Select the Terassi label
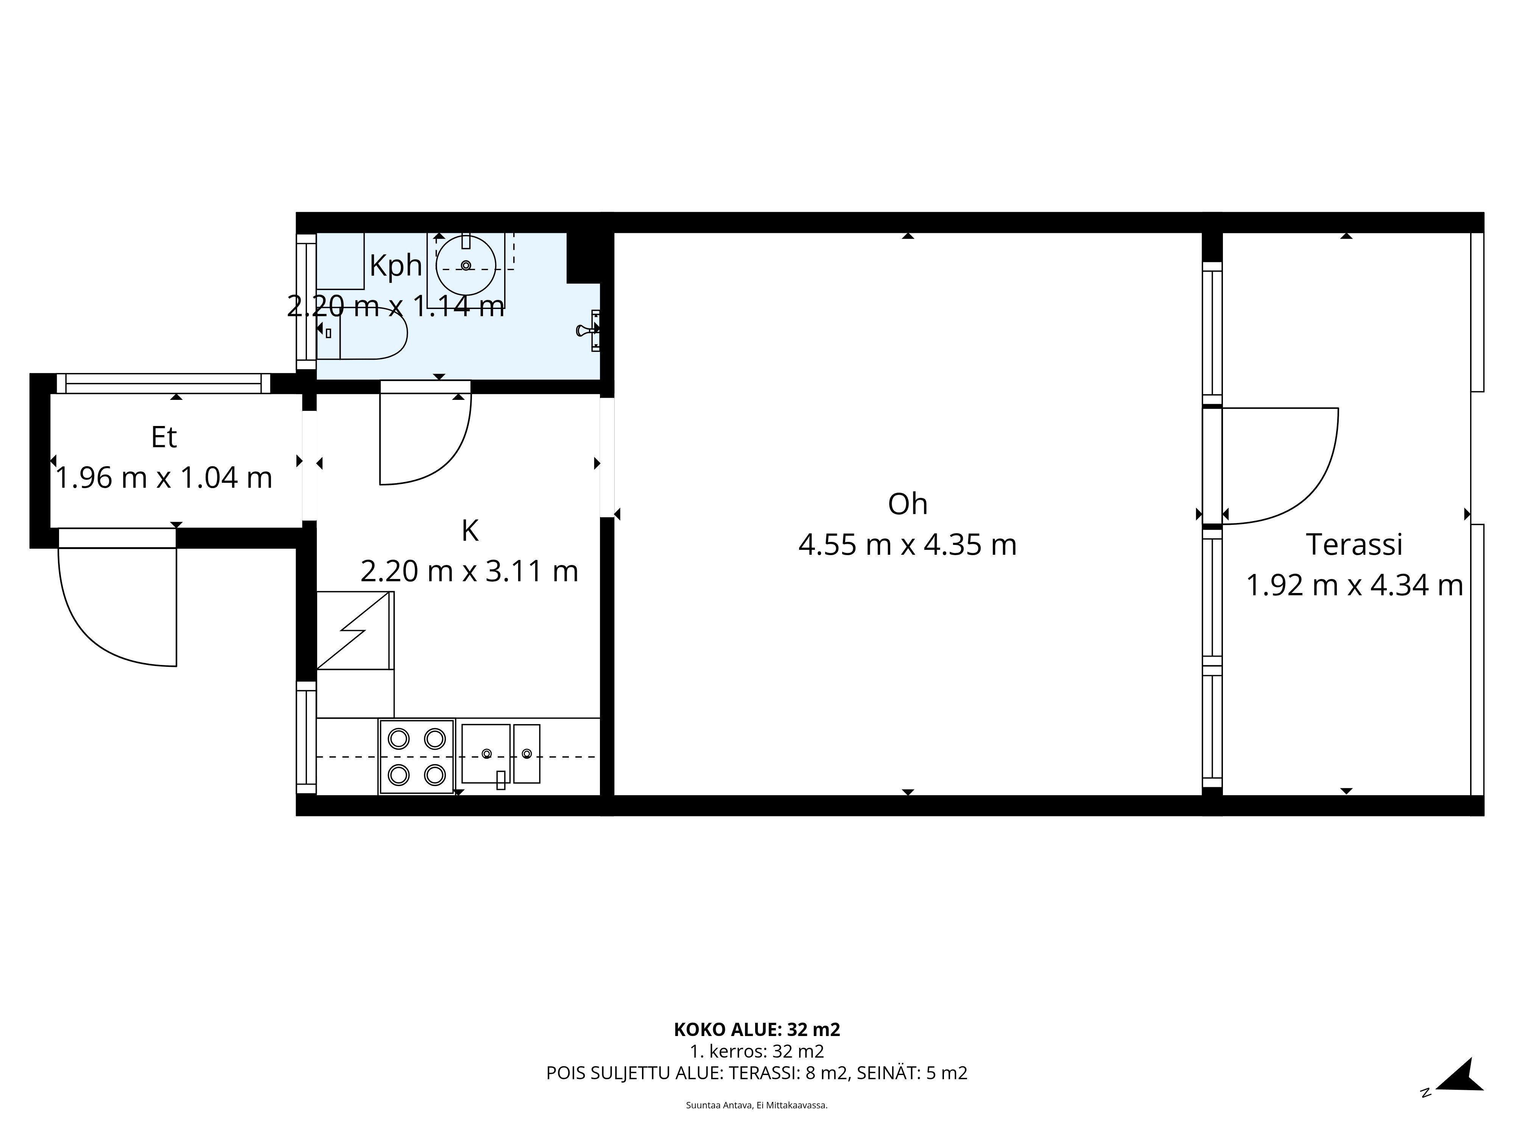click(x=1354, y=545)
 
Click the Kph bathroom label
click(x=396, y=266)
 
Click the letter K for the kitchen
click(x=470, y=531)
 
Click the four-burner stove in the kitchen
click(x=416, y=757)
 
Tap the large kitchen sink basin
click(x=486, y=753)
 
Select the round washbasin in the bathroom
click(x=466, y=265)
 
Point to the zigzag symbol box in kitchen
click(x=355, y=630)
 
